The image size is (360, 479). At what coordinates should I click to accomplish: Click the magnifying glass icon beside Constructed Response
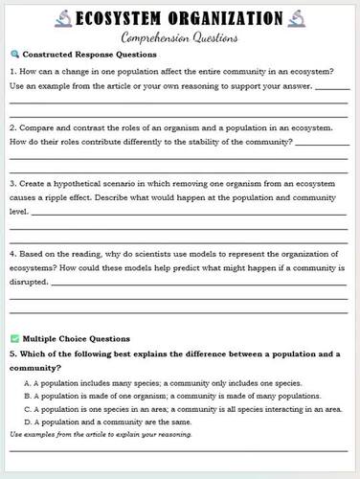point(12,55)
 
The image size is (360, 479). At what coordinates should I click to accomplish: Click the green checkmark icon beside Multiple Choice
point(12,338)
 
